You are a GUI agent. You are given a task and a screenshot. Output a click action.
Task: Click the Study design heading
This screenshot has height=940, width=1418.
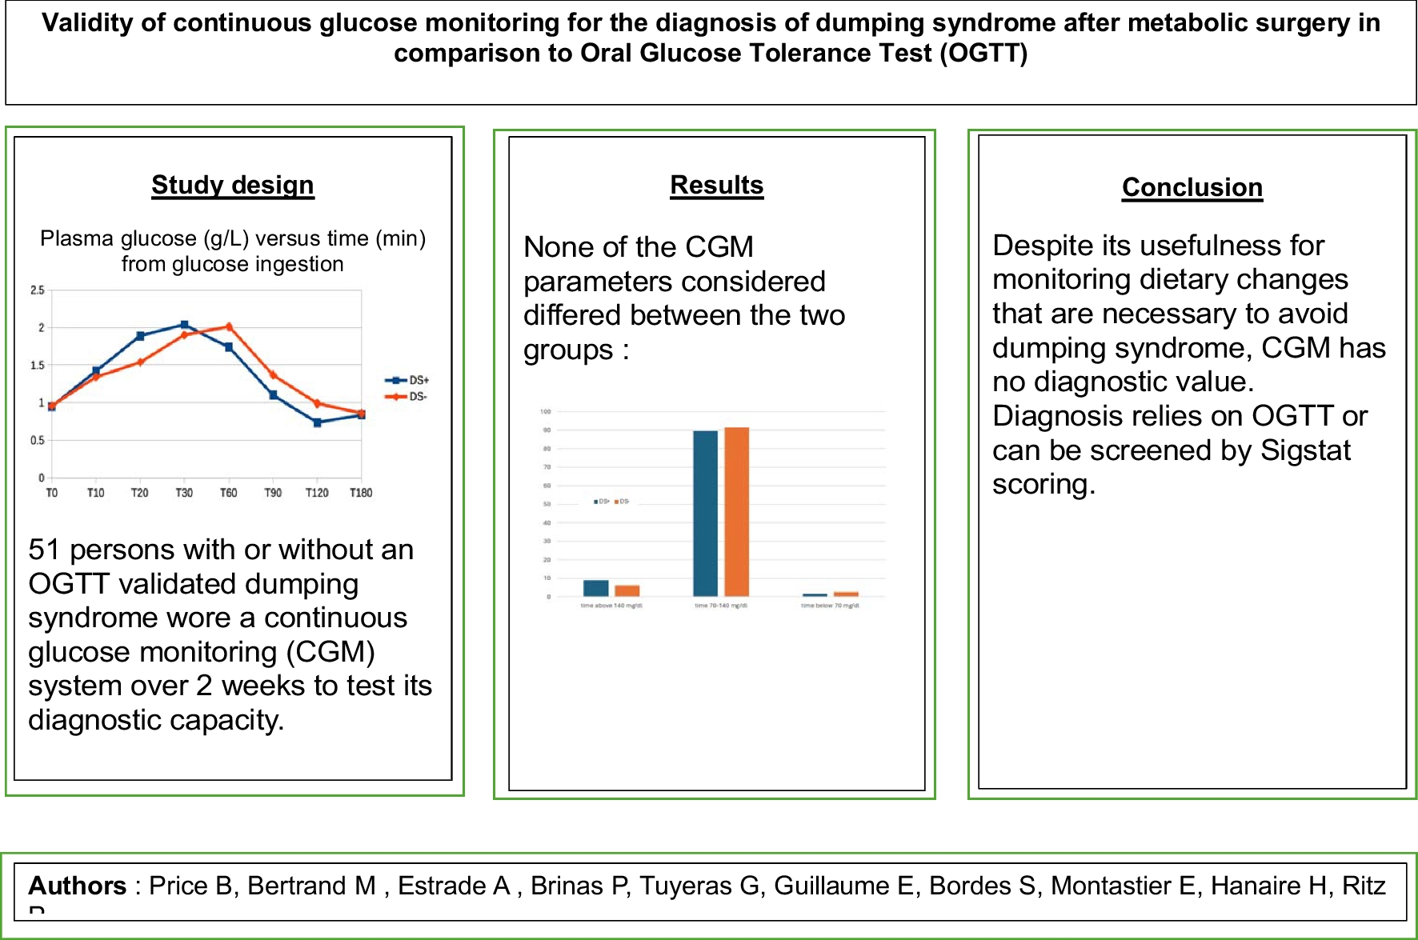tap(232, 186)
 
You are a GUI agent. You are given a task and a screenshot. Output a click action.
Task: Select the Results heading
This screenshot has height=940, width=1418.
tap(716, 186)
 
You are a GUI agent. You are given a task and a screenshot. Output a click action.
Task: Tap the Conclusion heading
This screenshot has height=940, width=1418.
tap(1192, 187)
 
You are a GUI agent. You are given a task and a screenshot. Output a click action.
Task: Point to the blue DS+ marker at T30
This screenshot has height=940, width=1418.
tap(184, 324)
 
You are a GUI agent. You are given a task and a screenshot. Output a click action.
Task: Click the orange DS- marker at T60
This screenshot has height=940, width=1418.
tap(229, 326)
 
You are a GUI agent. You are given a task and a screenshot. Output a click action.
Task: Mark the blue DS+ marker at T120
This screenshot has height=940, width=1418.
tap(317, 422)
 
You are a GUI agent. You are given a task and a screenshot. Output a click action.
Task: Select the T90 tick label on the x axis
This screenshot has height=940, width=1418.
tap(273, 493)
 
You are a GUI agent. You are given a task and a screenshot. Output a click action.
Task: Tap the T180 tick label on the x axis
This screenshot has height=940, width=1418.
tap(361, 493)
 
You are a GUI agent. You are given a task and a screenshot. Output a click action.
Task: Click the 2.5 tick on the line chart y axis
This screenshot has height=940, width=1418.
tap(38, 290)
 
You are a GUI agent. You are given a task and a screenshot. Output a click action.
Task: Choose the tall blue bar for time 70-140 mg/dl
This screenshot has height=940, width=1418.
tap(705, 513)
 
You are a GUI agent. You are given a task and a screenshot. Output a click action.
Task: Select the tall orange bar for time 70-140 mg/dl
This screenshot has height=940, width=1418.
tap(736, 511)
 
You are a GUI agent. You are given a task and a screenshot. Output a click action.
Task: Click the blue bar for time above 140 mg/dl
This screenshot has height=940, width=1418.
tap(595, 588)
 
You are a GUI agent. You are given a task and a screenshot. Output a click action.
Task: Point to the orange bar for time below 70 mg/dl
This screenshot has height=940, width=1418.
tap(846, 594)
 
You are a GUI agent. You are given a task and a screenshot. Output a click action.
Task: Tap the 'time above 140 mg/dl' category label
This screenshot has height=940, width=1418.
tap(611, 606)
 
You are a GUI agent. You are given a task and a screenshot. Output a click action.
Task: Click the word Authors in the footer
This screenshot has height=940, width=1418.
tap(78, 886)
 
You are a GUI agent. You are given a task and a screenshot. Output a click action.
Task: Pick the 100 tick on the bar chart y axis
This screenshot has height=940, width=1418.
tap(546, 411)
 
